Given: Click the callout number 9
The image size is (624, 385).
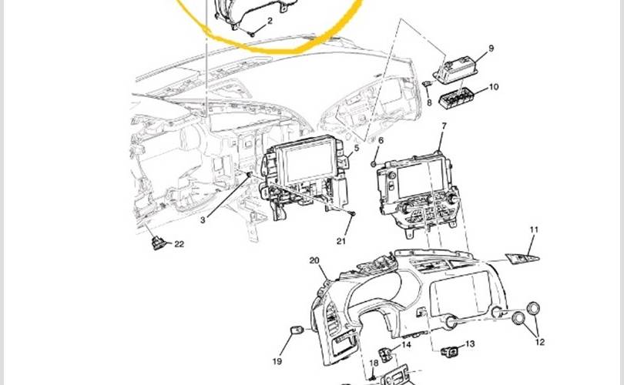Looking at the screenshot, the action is pyautogui.click(x=491, y=48).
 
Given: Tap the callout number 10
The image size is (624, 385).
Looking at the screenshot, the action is pyautogui.click(x=494, y=87).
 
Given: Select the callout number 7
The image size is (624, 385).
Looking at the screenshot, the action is pyautogui.click(x=445, y=126).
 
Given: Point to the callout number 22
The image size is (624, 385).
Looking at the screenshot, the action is pyautogui.click(x=179, y=244).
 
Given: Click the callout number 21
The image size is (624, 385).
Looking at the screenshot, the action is pyautogui.click(x=341, y=241).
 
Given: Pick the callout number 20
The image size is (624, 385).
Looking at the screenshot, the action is pyautogui.click(x=314, y=260).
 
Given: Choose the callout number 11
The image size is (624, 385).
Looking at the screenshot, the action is pyautogui.click(x=534, y=229).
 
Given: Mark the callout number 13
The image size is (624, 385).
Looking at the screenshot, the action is pyautogui.click(x=470, y=343).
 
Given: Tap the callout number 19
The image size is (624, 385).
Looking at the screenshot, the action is pyautogui.click(x=277, y=361).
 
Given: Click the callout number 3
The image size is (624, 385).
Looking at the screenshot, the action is pyautogui.click(x=203, y=220).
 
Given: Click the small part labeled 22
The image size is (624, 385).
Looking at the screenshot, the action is pyautogui.click(x=158, y=243).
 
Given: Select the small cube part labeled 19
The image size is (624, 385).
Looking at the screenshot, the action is pyautogui.click(x=296, y=330).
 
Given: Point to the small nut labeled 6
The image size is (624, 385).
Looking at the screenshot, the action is pyautogui.click(x=374, y=163).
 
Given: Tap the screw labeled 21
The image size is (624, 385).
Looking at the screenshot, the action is pyautogui.click(x=352, y=213).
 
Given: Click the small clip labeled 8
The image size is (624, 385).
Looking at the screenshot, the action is pyautogui.click(x=427, y=83).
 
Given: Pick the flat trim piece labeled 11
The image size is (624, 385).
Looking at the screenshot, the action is pyautogui.click(x=522, y=258).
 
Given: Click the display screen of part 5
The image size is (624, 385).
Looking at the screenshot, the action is pyautogui.click(x=310, y=162).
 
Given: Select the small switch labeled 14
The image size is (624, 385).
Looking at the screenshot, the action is pyautogui.click(x=384, y=353).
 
